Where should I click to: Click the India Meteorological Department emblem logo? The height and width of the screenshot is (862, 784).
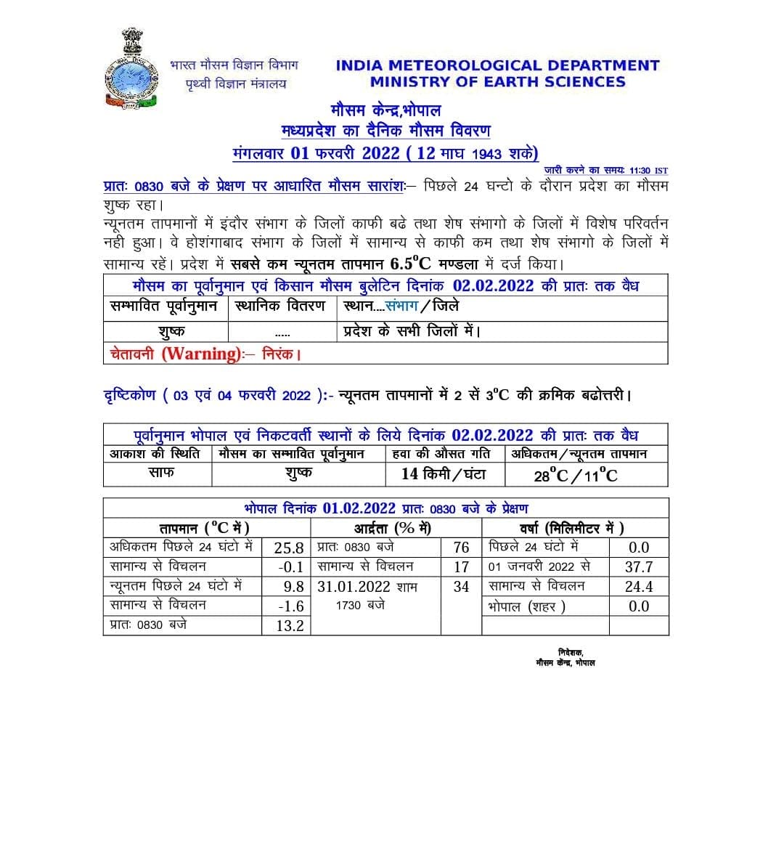click(131, 70)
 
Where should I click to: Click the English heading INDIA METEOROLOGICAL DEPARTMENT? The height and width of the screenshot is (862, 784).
click(497, 65)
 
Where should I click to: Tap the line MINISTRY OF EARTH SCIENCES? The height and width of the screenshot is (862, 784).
click(497, 82)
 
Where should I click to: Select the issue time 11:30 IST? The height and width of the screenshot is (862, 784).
click(648, 170)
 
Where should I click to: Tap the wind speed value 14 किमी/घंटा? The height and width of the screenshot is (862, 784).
click(444, 474)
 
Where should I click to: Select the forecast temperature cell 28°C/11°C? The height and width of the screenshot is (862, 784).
click(576, 476)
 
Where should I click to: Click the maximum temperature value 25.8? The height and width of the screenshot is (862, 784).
click(288, 548)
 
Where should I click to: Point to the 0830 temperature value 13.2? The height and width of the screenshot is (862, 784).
click(290, 626)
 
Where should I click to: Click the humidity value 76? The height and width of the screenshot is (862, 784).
click(461, 548)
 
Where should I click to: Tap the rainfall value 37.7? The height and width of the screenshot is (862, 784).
click(639, 567)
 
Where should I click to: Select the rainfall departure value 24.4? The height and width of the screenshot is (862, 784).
click(639, 587)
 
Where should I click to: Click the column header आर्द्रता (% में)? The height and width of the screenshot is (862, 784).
click(393, 528)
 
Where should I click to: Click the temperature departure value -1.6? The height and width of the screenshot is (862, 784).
click(290, 606)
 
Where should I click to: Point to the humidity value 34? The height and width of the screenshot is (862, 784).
click(461, 587)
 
